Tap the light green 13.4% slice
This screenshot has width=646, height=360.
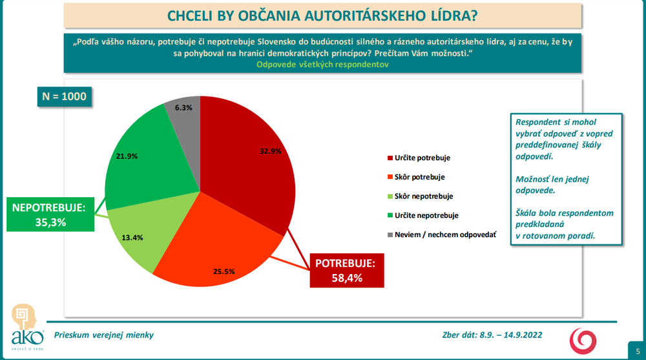(139, 229)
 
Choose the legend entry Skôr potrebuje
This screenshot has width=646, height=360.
(419, 176)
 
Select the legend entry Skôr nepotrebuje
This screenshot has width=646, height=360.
(423, 196)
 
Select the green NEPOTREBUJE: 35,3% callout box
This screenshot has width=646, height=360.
(48, 215)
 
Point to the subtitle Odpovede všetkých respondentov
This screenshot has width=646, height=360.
(322, 65)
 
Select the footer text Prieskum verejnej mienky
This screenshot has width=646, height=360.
(104, 335)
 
